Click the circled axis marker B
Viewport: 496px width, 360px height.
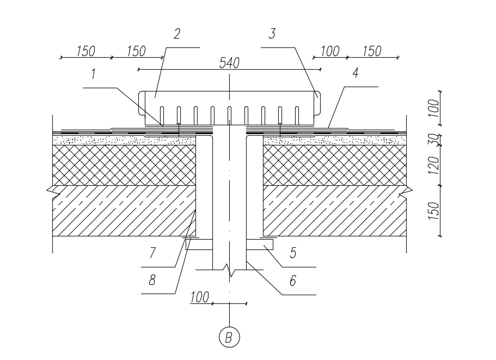click(229, 337)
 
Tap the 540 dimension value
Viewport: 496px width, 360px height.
click(229, 63)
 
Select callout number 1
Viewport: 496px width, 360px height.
click(93, 74)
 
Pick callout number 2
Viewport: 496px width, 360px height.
click(177, 34)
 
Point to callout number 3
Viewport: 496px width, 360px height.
click(272, 34)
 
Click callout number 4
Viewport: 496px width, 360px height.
click(356, 73)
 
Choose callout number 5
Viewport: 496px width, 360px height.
click(293, 253)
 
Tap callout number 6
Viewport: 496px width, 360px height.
click(293, 280)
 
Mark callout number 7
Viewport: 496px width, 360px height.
click(152, 253)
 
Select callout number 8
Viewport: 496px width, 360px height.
click(152, 280)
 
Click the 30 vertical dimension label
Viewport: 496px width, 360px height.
click(434, 139)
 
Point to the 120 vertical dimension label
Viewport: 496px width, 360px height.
click(434, 165)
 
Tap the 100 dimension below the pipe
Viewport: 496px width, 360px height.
click(200, 297)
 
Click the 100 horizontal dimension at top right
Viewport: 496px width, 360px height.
click(330, 51)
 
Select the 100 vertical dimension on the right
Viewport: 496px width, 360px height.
click(434, 108)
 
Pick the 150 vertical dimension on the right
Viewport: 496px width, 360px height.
click(434, 211)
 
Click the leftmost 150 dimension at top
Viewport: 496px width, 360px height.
click(85, 51)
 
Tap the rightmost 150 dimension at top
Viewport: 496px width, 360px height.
click(372, 51)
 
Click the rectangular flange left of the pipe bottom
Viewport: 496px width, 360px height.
click(199, 245)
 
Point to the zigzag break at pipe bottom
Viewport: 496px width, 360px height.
click(230, 270)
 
